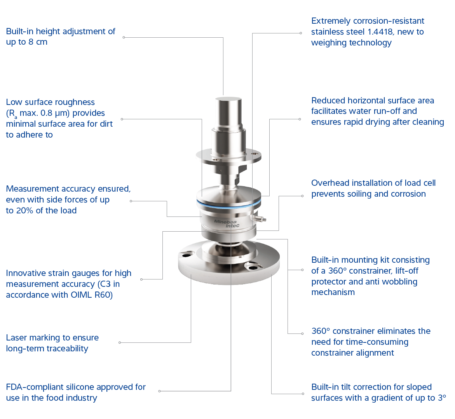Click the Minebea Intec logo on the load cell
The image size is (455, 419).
tap(227, 223)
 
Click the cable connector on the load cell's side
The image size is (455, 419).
tap(259, 217)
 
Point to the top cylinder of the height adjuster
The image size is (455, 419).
tap(228, 112)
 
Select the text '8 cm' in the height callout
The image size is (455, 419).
tap(38, 42)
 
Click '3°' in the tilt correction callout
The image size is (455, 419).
tap(442, 398)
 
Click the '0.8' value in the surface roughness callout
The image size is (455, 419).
tap(46, 113)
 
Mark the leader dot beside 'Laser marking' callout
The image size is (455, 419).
tap(120, 343)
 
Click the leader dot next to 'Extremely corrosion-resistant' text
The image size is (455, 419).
tap(301, 33)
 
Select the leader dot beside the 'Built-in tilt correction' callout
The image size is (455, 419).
tap(303, 394)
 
